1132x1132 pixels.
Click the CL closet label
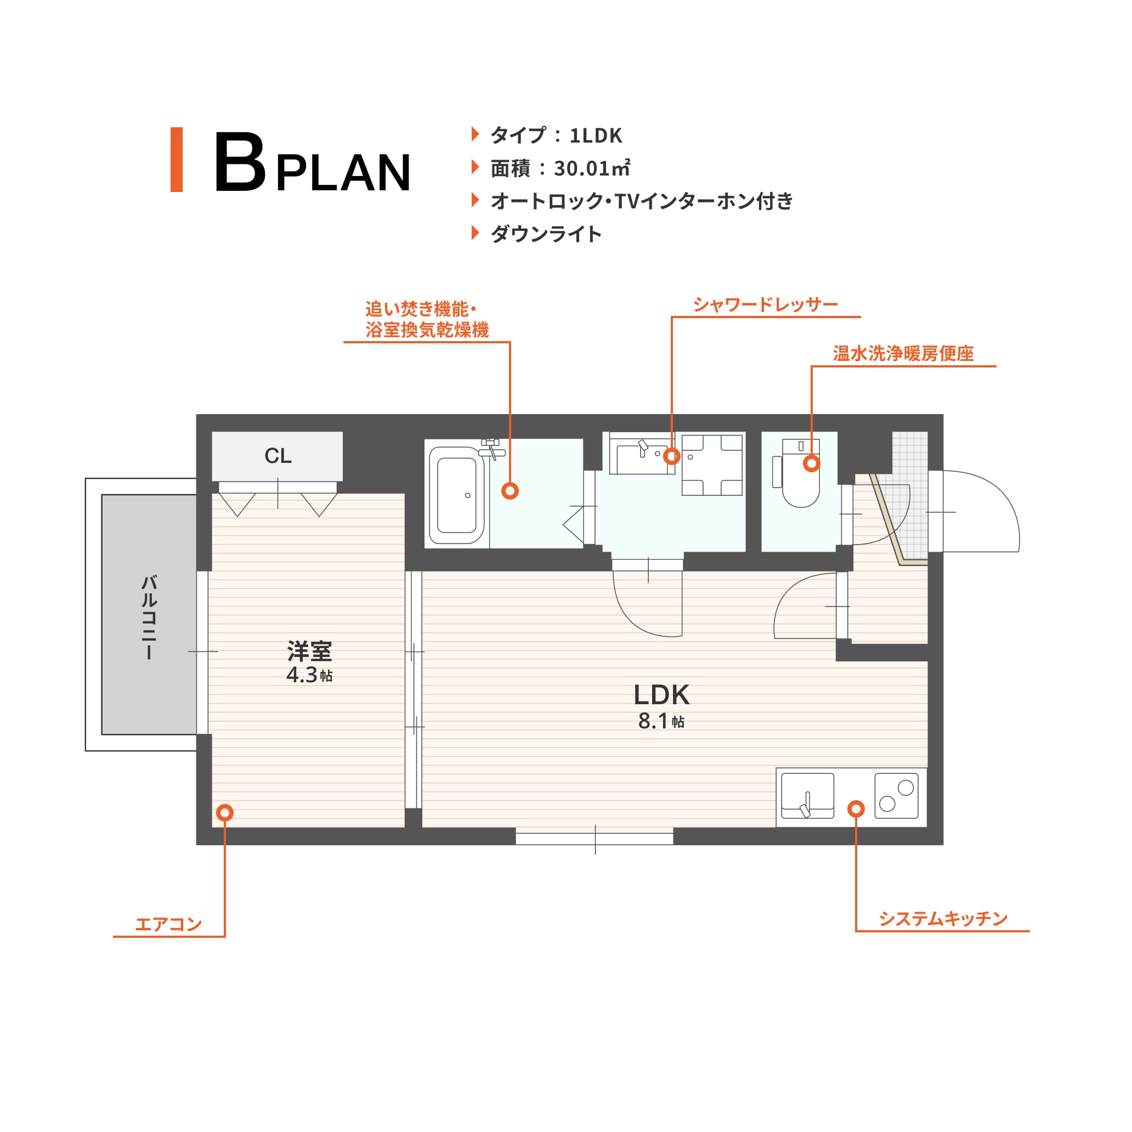[278, 455]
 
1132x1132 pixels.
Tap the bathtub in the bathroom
[457, 495]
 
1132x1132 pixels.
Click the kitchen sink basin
[807, 795]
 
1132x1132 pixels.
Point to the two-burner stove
[897, 795]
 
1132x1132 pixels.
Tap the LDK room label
[661, 694]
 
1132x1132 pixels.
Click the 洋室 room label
[309, 651]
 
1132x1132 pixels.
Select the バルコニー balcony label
[149, 618]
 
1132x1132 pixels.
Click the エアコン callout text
[168, 924]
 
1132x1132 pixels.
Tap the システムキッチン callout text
[943, 918]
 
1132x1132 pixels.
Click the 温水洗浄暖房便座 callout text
[903, 353]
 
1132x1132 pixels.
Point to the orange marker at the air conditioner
[224, 813]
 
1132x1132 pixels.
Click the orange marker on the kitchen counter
[856, 809]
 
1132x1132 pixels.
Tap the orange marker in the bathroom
[510, 491]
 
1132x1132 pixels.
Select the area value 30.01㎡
[592, 169]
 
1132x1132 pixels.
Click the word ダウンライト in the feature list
[546, 234]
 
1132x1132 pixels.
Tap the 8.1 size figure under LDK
[653, 721]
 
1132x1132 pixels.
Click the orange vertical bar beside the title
[177, 160]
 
